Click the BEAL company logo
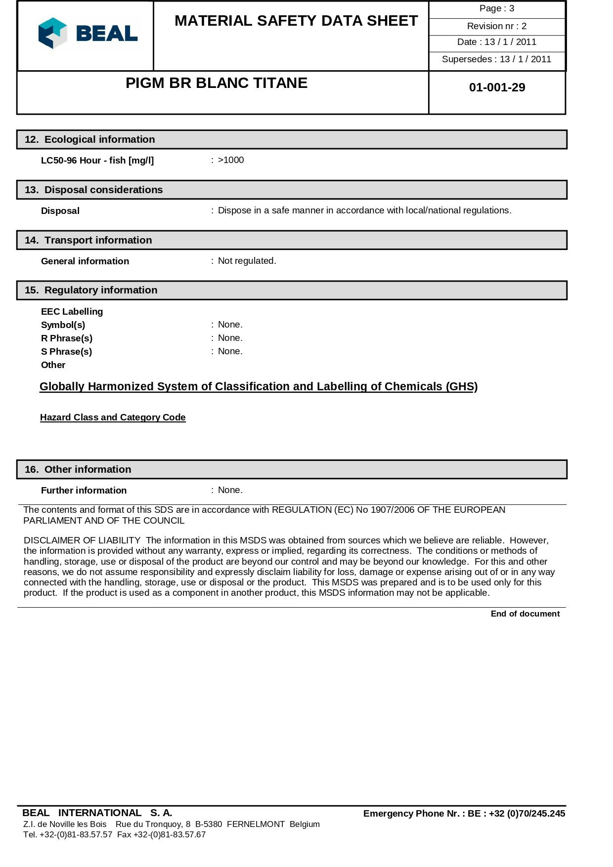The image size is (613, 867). click(88, 33)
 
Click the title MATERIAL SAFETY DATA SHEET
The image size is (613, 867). click(296, 21)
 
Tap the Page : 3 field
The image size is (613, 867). click(496, 8)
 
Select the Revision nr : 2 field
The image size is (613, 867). click(496, 26)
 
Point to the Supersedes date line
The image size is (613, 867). click(496, 59)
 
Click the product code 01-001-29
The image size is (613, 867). click(497, 87)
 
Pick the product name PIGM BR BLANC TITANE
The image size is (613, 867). click(217, 83)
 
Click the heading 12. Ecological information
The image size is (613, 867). click(90, 139)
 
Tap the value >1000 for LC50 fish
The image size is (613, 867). click(231, 160)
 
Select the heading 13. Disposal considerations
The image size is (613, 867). click(94, 190)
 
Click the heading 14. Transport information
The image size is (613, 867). click(88, 240)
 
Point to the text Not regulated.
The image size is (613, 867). click(247, 261)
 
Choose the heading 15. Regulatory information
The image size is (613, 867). click(91, 290)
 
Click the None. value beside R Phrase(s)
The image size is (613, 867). click(230, 338)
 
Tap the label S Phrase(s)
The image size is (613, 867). click(66, 352)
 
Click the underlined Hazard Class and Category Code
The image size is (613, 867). click(113, 417)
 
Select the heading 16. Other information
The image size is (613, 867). click(78, 469)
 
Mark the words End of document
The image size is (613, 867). click(525, 614)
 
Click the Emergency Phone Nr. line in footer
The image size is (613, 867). click(464, 814)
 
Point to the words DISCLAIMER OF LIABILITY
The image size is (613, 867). click(82, 540)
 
